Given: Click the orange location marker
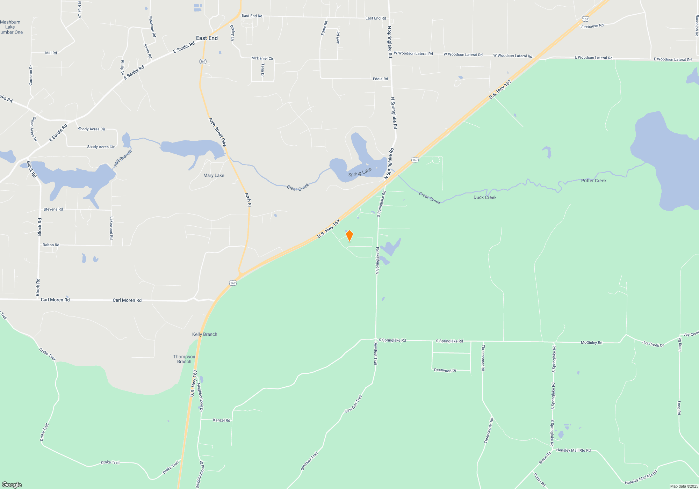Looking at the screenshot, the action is [x=349, y=236].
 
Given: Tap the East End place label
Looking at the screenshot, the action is [x=207, y=38].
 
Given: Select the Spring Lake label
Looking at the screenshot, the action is [x=360, y=172].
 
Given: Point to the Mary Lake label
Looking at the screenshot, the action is [x=214, y=175].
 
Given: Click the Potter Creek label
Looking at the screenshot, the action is [x=593, y=181].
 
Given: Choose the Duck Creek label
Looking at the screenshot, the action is [x=485, y=197].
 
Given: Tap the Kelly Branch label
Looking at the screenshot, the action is [x=204, y=334].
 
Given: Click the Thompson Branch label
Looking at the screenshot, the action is [x=184, y=359].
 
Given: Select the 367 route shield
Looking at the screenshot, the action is [x=203, y=61].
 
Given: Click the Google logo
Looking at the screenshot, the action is [x=12, y=484].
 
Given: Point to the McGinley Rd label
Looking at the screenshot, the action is [x=591, y=343].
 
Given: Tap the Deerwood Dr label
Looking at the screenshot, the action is [x=445, y=370].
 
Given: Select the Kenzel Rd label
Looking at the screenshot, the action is [x=222, y=420].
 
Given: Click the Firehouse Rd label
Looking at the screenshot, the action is [x=592, y=26].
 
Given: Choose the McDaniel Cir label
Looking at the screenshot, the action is [x=262, y=58].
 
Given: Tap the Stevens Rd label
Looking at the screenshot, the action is [x=53, y=209].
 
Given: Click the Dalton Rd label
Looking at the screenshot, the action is [x=51, y=245].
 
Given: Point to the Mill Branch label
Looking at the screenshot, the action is [x=123, y=158].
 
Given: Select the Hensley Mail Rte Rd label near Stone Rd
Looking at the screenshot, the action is [x=573, y=450].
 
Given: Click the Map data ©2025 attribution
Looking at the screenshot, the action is [x=684, y=486].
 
